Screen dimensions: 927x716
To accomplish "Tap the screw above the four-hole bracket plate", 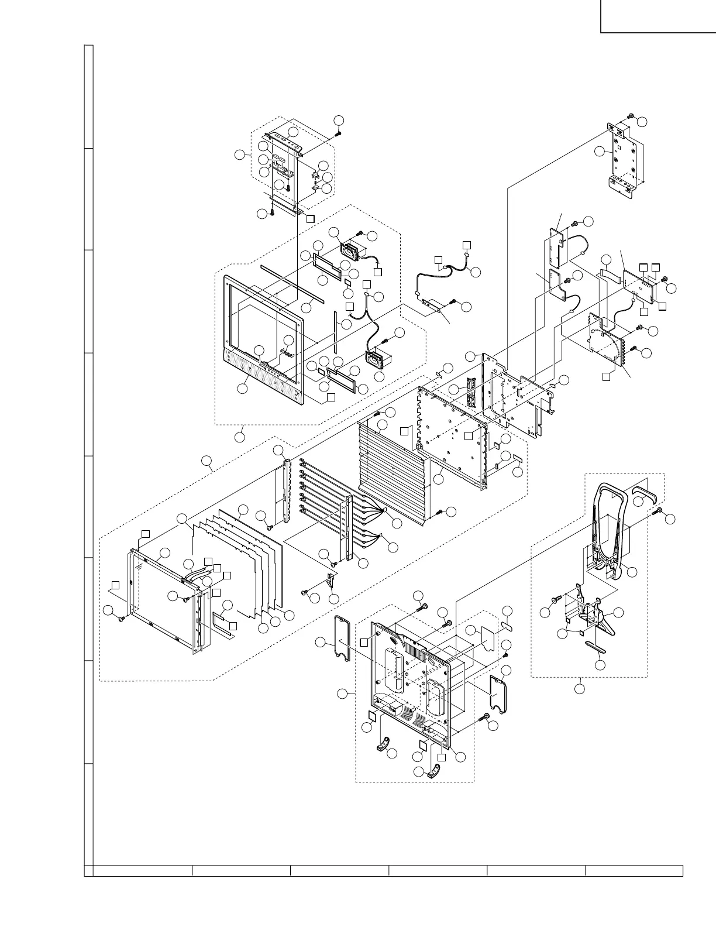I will [x=631, y=116].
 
